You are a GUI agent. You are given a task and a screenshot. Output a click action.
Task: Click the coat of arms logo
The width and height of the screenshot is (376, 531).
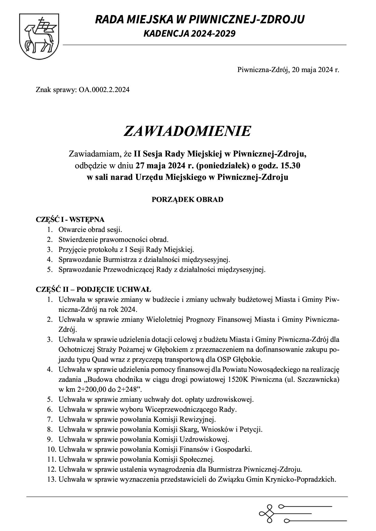point(39,36)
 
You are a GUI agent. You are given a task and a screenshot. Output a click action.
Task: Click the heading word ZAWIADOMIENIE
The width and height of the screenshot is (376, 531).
point(187,131)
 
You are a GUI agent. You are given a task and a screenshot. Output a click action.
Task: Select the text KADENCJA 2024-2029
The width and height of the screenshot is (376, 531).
point(189,34)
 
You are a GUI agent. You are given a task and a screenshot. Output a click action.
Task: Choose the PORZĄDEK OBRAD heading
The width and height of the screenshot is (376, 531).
point(187,200)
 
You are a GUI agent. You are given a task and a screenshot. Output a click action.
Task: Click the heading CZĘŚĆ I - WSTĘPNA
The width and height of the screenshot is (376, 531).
point(70,220)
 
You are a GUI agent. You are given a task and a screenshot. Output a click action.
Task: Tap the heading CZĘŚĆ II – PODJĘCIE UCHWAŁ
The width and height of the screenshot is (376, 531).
point(93,290)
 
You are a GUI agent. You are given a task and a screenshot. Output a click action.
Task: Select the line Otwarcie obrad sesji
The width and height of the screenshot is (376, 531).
point(90,230)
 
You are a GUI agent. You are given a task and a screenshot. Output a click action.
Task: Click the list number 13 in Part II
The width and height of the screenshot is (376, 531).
point(52,480)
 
